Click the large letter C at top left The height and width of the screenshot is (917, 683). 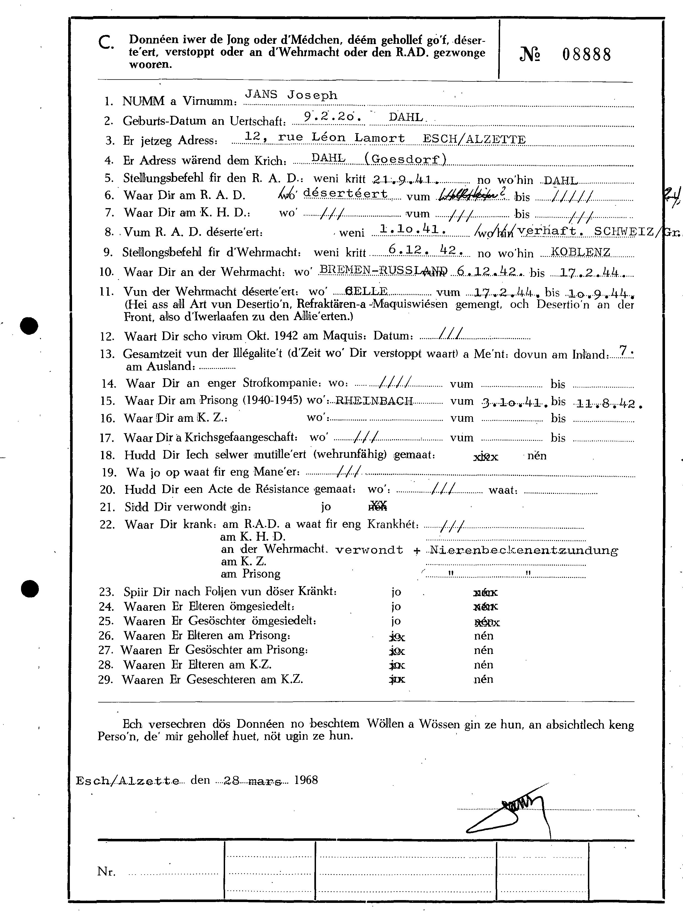(107, 43)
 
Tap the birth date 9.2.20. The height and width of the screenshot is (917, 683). (333, 117)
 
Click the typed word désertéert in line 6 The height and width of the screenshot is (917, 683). (346, 194)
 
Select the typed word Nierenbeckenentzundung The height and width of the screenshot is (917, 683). (524, 550)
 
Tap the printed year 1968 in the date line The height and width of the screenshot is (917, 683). (306, 780)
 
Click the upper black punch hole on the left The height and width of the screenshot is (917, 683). (29, 326)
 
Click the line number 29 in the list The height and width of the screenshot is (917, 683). (106, 680)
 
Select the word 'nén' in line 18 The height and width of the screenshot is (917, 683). (537, 456)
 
